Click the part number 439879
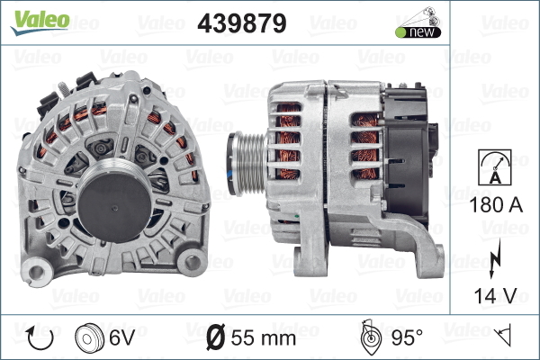tap(242, 23)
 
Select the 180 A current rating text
tap(496, 204)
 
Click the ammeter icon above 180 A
tap(495, 167)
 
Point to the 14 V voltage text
tap(496, 295)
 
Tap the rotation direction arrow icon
tap(40, 338)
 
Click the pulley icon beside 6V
tap(89, 338)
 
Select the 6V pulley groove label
tap(121, 337)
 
